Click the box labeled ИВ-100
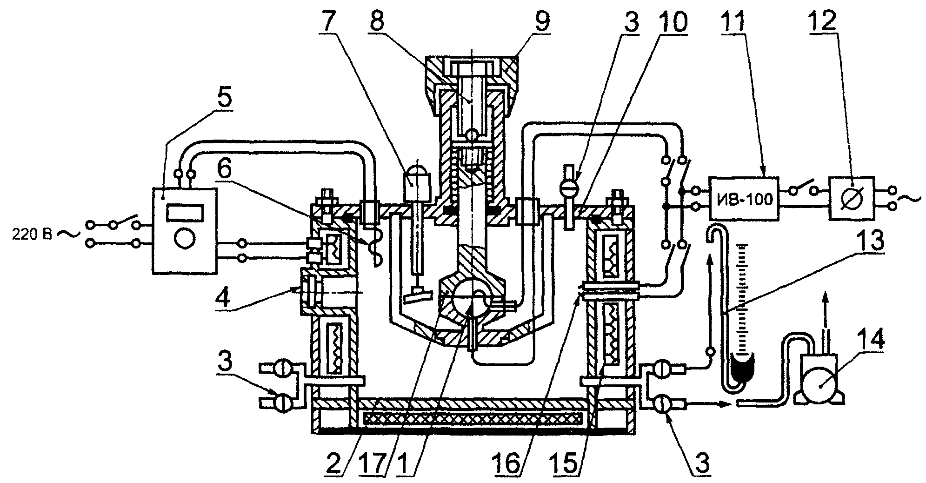744,199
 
